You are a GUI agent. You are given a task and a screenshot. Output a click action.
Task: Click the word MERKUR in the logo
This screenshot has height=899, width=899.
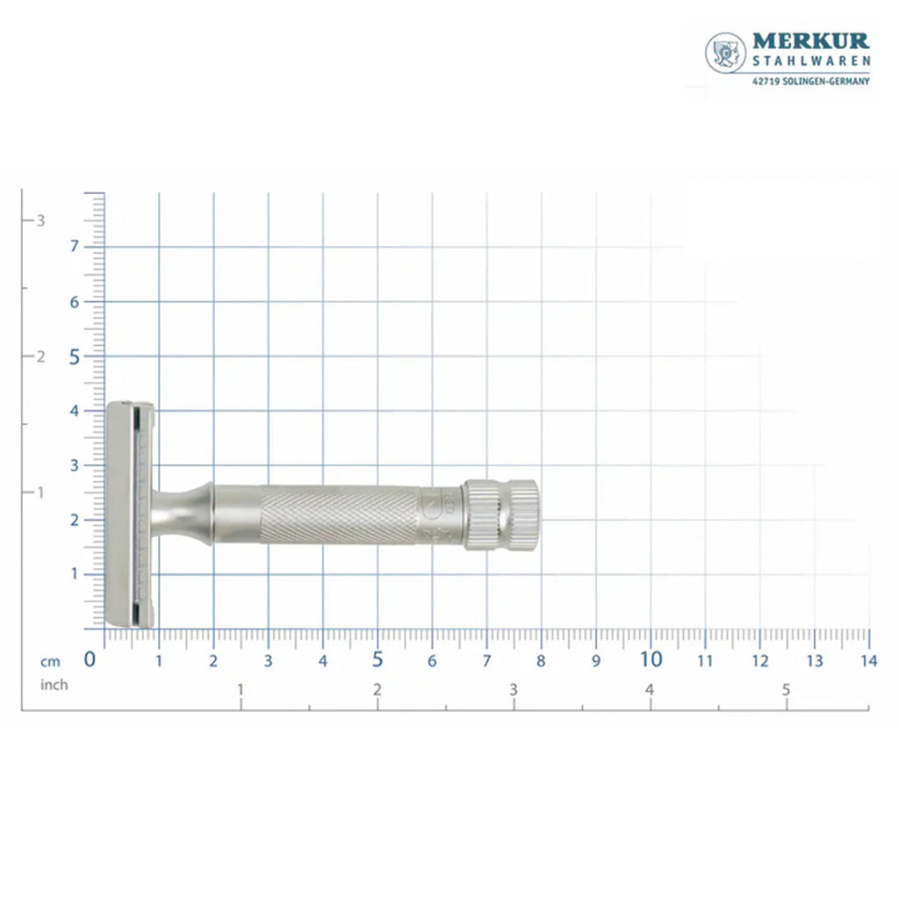[x=810, y=41]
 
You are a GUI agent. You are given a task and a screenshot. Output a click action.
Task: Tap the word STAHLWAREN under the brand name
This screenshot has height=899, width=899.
[x=811, y=61]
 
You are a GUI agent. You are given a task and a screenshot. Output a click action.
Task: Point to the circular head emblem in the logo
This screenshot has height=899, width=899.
[x=725, y=53]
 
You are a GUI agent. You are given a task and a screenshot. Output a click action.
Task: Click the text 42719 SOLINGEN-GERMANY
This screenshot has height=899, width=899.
[x=810, y=82]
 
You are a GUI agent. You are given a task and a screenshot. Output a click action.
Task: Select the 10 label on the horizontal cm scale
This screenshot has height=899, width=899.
[x=651, y=659]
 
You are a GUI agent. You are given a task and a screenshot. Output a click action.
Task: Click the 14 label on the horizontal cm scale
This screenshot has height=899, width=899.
[x=868, y=661]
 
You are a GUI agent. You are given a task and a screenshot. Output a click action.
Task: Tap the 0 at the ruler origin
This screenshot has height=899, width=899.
[x=90, y=659]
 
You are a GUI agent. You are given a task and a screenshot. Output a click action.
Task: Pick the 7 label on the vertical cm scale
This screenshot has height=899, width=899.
[x=74, y=246]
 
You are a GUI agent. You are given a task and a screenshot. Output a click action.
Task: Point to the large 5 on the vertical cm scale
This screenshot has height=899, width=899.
[x=75, y=357]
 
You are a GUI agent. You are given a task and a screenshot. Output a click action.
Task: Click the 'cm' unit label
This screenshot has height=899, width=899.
[x=50, y=662]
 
